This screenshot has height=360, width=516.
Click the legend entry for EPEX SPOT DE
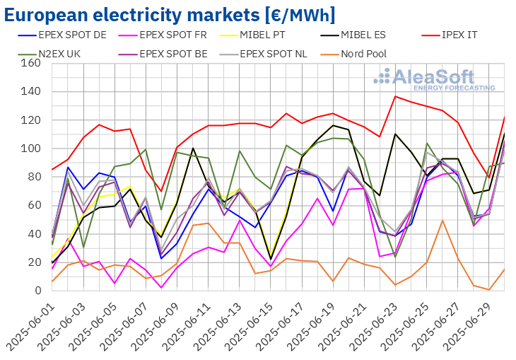[62, 35]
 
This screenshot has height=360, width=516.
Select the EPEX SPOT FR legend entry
[163, 35]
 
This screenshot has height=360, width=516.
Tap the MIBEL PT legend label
[252, 35]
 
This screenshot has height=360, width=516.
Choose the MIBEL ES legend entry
[353, 35]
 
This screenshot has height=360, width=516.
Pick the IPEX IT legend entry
[449, 35]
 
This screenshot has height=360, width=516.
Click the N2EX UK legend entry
[49, 54]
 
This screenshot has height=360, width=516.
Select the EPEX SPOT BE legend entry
[163, 54]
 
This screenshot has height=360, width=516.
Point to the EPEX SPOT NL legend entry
[264, 54]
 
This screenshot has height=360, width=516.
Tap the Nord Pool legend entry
[353, 54]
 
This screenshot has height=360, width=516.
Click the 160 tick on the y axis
[30, 63]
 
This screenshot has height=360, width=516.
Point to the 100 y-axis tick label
[30, 149]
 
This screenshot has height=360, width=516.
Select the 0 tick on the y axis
[38, 291]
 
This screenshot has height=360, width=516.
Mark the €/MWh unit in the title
[300, 15]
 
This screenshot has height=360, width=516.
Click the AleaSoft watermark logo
[434, 79]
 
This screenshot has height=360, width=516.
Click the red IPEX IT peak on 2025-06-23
[395, 96]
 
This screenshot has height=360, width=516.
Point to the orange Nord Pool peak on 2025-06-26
[442, 221]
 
